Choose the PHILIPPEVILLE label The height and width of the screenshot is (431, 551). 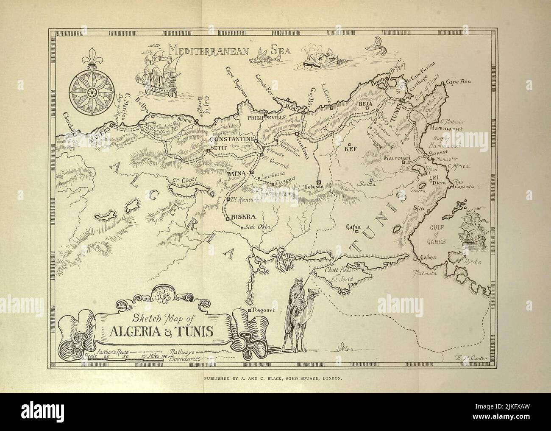263,119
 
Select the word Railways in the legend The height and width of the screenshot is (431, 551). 182,352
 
